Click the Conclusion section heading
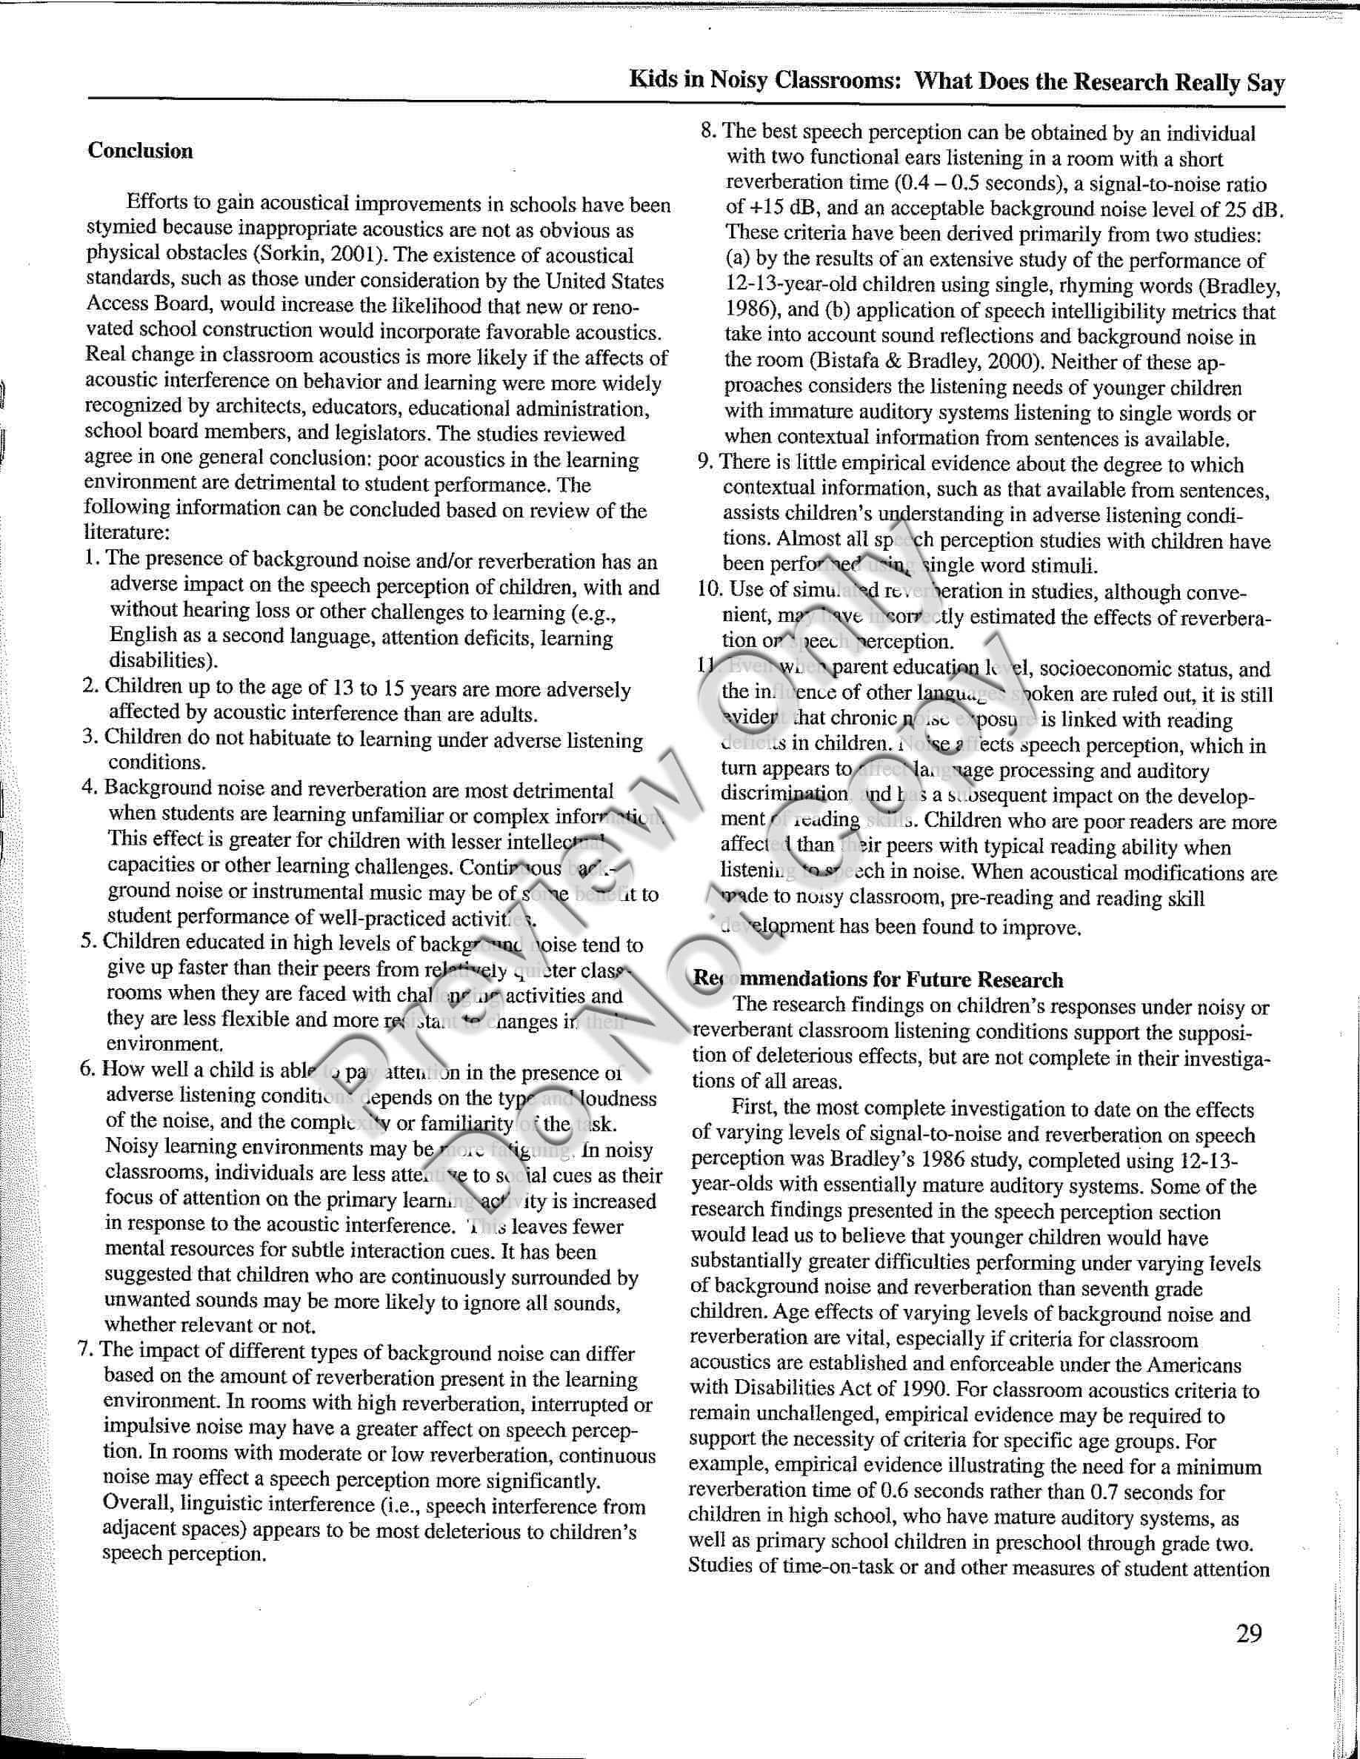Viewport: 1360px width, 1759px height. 140,152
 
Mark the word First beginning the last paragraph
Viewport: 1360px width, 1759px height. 753,1108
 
